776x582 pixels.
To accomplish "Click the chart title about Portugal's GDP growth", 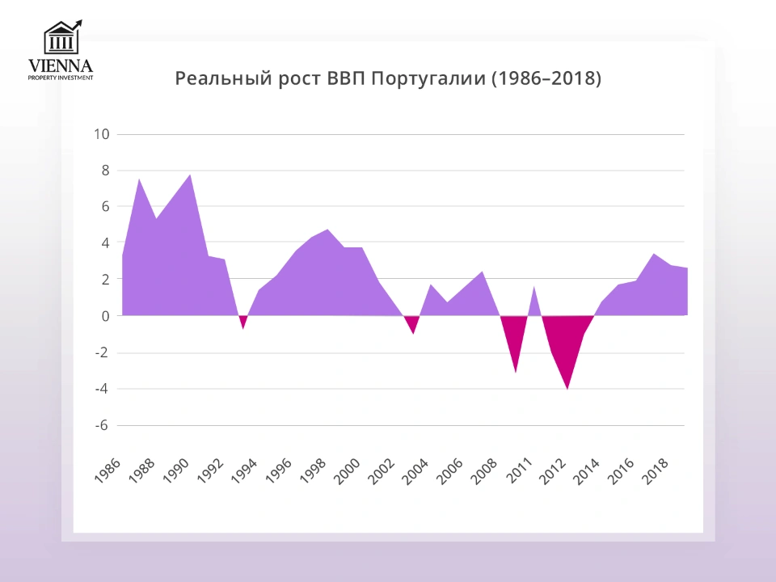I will [388, 79].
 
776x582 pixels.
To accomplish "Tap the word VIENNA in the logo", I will [61, 65].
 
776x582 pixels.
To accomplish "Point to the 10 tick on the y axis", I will [101, 134].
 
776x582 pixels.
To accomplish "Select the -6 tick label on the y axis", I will [101, 425].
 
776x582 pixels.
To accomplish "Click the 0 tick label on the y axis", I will [105, 316].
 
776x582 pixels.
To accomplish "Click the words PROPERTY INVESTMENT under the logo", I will [61, 78].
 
